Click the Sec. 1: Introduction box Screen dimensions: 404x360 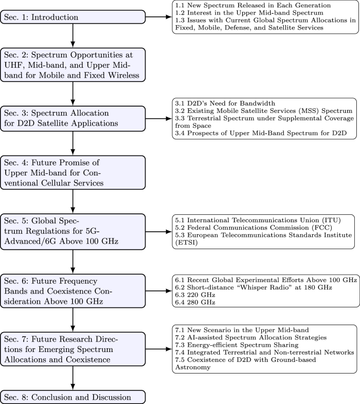[73, 17]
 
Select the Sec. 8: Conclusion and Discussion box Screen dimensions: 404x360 [73, 396]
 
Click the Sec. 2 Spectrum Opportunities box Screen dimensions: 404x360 [73, 65]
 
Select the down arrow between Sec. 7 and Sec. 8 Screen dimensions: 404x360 [73, 376]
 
